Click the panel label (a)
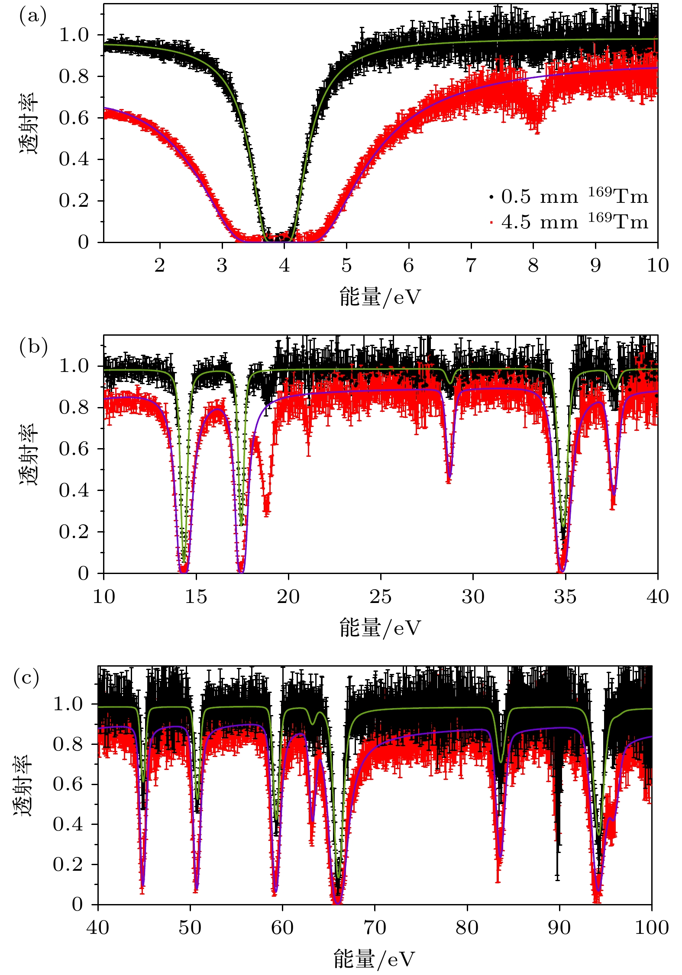coord(32,16)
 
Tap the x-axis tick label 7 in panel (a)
coord(471,265)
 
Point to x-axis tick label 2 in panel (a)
coord(160,265)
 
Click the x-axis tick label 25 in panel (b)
coord(381,597)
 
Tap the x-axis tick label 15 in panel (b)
coord(196,597)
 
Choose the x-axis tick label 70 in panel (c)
coord(375,927)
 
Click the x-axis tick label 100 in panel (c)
coord(652,927)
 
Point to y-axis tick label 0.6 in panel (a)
coord(74,118)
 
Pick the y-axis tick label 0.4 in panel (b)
coord(74,491)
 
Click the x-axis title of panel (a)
coord(380,297)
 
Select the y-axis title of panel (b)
coord(29,454)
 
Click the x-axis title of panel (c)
coord(375,959)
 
